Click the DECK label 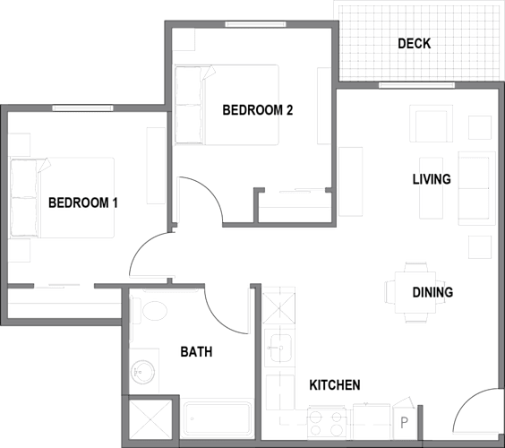point(415,44)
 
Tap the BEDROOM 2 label point(258,110)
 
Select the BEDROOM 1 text point(83,202)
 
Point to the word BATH point(196,351)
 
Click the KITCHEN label point(335,385)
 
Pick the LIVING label point(432,179)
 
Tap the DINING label point(432,292)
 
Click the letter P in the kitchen point(404,423)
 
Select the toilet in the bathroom point(150,311)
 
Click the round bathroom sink point(142,372)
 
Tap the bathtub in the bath point(218,418)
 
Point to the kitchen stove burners point(326,424)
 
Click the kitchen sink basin point(281,348)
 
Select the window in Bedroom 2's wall point(255,24)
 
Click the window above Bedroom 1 point(82,108)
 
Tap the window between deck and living point(416,85)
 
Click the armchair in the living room point(432,124)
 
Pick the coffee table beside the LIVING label point(431,188)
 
